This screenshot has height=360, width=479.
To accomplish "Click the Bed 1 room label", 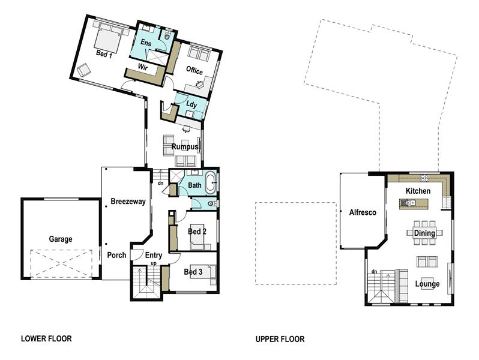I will tap(104, 54).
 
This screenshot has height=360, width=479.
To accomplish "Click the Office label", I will tap(194, 71).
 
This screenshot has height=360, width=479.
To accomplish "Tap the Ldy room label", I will tap(191, 105).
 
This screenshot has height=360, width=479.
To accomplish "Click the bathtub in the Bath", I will tap(209, 183).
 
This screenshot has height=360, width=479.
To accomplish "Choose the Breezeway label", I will tap(128, 202).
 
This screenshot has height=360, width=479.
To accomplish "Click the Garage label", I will tap(60, 239).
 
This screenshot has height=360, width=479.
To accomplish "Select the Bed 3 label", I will tap(193, 271).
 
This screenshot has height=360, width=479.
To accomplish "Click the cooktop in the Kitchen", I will tap(424, 178).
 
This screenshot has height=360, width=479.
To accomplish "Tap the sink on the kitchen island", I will tap(411, 203).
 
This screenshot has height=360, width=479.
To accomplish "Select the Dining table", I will tap(424, 233).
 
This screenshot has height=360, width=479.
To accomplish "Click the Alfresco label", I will tap(362, 212).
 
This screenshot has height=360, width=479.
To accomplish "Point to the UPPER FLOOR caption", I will tap(280, 339).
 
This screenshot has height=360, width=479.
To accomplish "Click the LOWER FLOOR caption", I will tap(46, 339).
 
